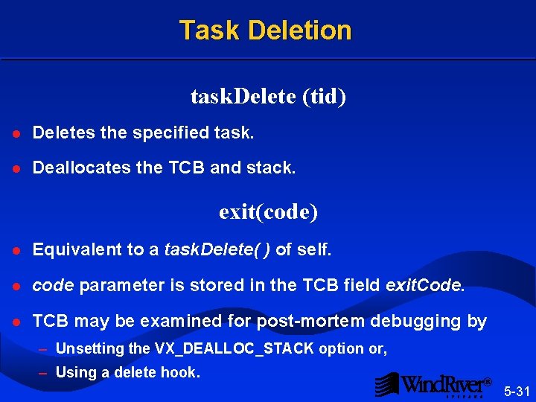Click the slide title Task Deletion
(x=265, y=31)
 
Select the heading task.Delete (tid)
(x=268, y=97)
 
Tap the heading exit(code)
(x=268, y=212)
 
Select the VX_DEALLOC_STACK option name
(x=234, y=348)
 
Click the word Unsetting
(x=89, y=348)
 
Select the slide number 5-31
(x=517, y=391)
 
